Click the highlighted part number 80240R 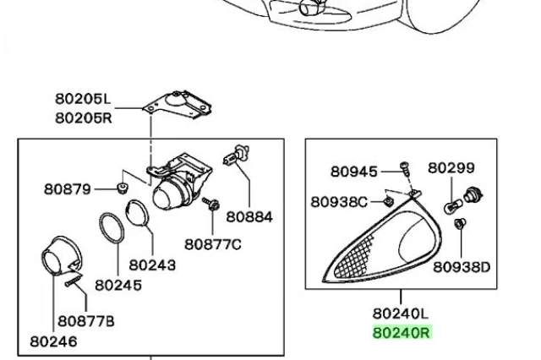pos(402,333)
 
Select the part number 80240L pos(400,314)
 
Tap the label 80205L pos(83,99)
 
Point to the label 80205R pos(84,118)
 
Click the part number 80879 pos(68,189)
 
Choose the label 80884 pos(249,217)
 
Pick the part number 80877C pos(213,244)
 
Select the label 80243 pos(152,265)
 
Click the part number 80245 pos(118,285)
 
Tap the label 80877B pos(86,321)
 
